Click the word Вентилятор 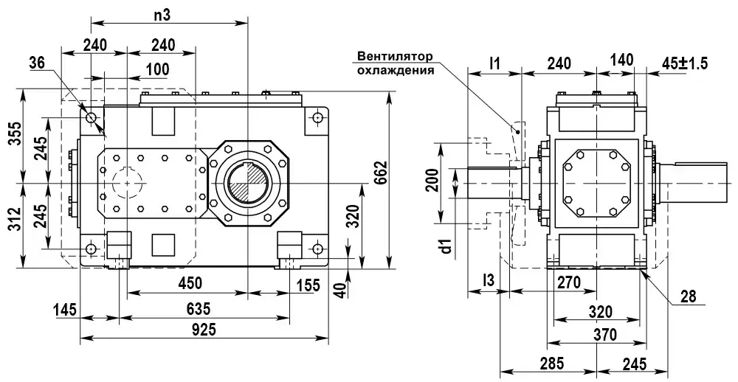[x=393, y=56]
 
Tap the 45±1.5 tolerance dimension [x=684, y=63]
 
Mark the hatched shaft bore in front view [x=247, y=181]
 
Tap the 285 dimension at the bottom [x=551, y=363]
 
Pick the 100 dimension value [x=156, y=69]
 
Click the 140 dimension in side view [x=622, y=63]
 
